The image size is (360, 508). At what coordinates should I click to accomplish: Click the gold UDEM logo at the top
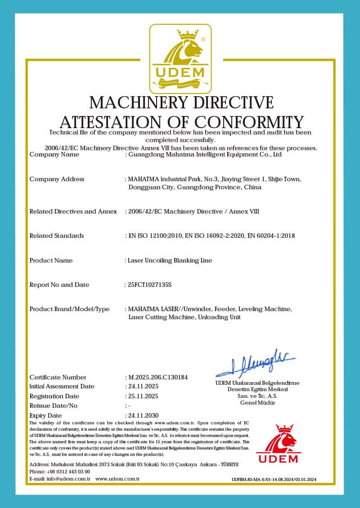tap(180, 57)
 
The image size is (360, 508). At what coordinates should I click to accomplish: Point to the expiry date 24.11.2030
tap(144, 415)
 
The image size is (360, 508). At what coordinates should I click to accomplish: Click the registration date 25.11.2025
tap(144, 396)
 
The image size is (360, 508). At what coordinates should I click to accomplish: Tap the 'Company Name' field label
tap(54, 154)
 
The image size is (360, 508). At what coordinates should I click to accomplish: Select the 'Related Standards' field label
tap(56, 236)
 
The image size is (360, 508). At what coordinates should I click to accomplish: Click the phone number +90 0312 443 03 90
tap(66, 472)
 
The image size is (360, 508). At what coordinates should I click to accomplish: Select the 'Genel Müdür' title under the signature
tap(257, 402)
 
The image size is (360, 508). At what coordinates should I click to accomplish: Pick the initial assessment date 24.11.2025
tap(144, 386)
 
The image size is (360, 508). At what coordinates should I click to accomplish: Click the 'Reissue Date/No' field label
tap(54, 406)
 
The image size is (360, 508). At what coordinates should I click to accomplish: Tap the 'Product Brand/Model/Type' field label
tap(69, 309)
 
